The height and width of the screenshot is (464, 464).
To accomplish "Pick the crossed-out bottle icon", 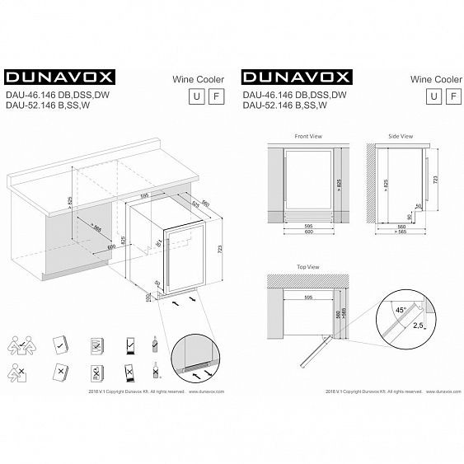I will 153,371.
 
